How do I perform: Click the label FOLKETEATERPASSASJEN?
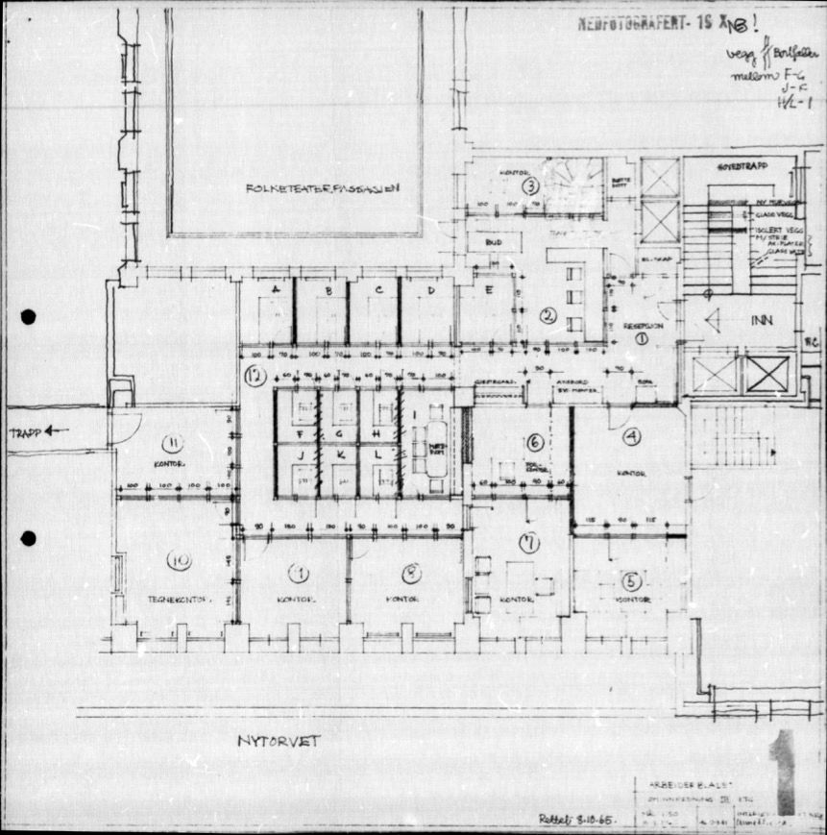295,188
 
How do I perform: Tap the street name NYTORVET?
279,742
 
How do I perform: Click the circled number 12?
255,376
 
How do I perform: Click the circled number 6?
535,443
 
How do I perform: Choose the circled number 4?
631,437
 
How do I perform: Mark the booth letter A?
276,289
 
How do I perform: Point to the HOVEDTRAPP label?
738,167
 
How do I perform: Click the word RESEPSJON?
641,326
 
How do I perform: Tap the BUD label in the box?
495,243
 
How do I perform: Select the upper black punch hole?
28,317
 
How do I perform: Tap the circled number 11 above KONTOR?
173,443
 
